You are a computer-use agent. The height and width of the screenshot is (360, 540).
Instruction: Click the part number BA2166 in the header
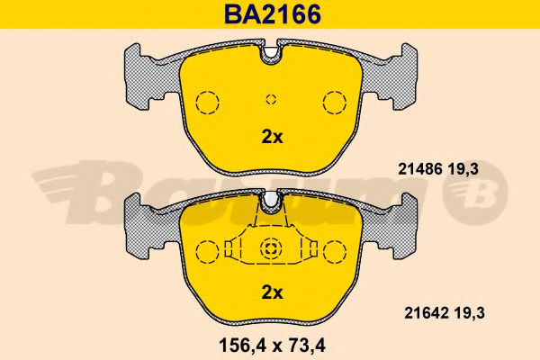[x=273, y=14]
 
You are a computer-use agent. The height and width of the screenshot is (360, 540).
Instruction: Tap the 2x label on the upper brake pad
[x=272, y=138]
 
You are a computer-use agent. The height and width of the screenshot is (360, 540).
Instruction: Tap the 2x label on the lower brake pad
[x=272, y=292]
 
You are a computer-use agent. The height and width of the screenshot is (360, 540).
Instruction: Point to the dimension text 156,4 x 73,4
[x=272, y=346]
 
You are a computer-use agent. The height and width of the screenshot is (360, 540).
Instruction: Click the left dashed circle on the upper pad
[x=207, y=103]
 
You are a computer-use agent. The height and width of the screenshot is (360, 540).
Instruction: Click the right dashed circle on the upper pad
[x=335, y=103]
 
